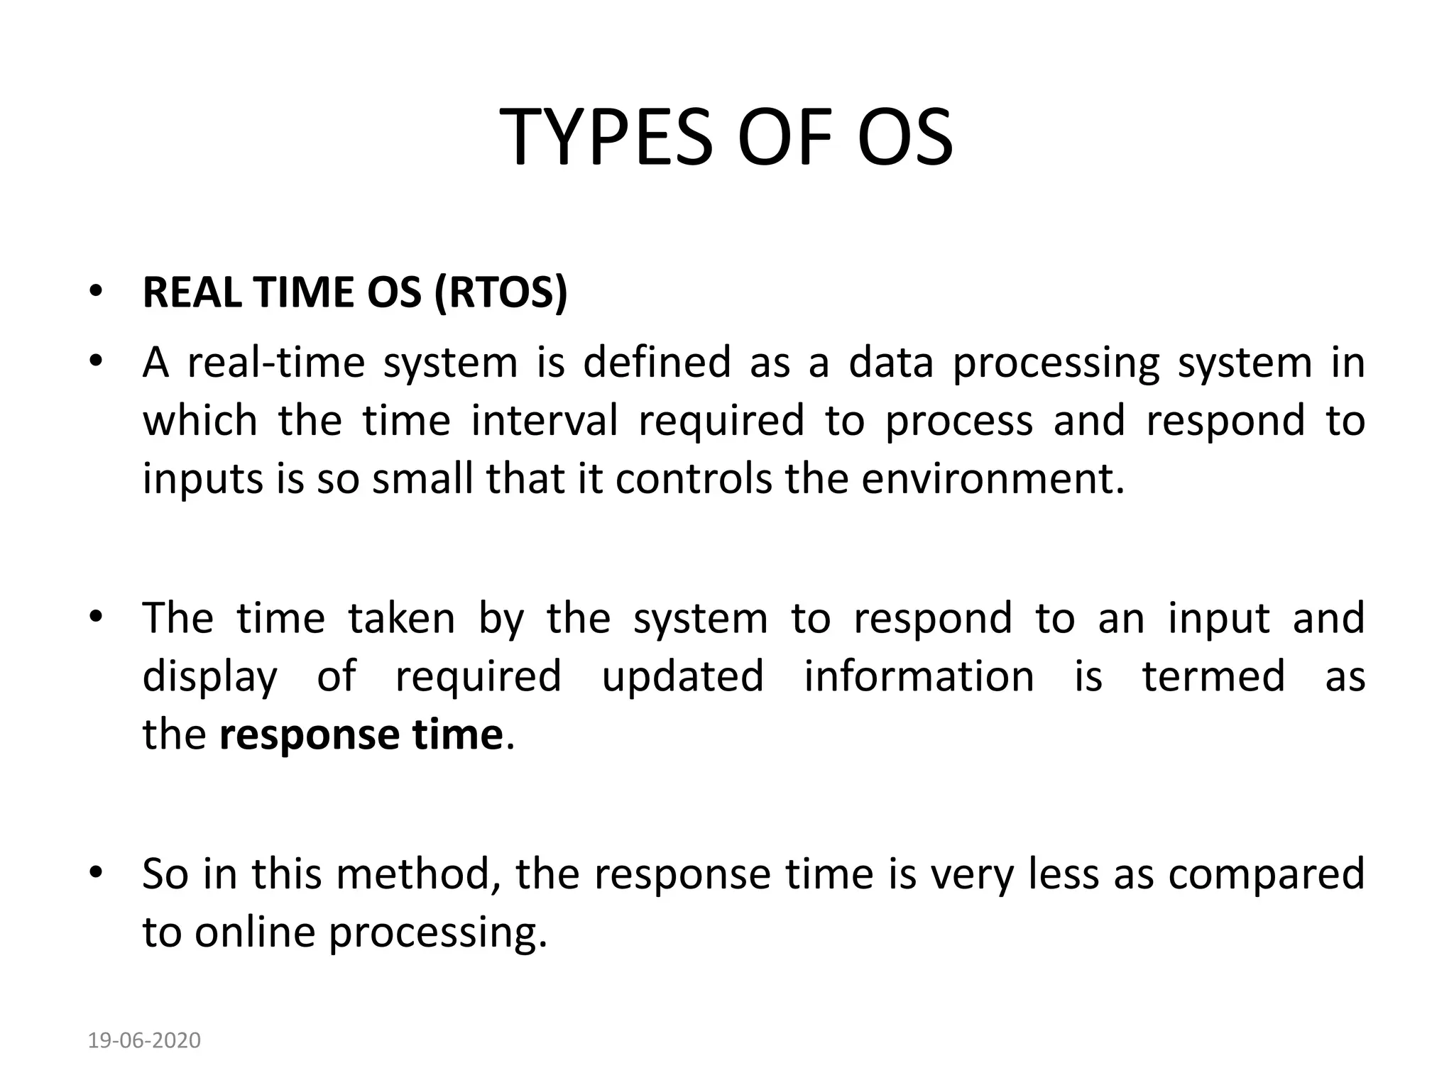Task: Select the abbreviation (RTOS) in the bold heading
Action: click(x=501, y=292)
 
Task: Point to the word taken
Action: click(x=401, y=618)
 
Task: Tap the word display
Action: click(x=209, y=678)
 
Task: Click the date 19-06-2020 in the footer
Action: click(x=144, y=1040)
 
